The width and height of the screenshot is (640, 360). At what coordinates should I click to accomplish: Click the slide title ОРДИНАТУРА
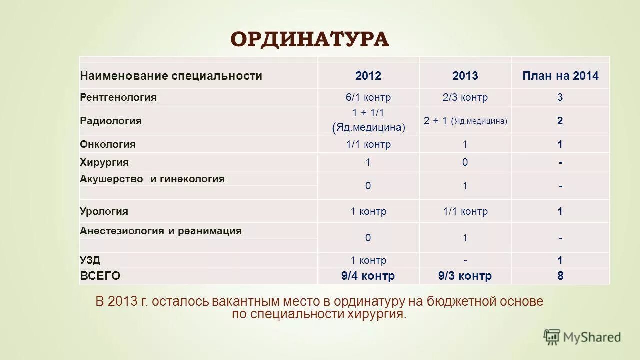click(310, 39)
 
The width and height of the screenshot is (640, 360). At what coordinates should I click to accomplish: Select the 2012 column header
click(368, 76)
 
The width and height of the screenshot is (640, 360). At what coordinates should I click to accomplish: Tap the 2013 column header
click(465, 76)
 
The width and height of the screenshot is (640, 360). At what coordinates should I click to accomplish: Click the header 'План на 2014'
click(560, 76)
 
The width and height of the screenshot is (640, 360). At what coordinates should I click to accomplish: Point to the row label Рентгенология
click(118, 97)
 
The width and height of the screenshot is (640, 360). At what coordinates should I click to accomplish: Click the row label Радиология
click(111, 121)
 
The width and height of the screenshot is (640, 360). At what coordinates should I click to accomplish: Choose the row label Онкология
click(108, 144)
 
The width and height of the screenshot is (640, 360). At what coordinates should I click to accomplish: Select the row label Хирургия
click(104, 162)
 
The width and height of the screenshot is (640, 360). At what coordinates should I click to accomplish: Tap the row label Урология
click(104, 211)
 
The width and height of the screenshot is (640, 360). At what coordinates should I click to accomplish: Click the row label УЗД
click(90, 260)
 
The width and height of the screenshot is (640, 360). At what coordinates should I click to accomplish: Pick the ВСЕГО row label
click(100, 276)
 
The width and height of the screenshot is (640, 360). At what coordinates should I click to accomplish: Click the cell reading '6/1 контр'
click(368, 97)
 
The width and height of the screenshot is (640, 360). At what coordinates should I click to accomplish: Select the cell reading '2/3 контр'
click(465, 97)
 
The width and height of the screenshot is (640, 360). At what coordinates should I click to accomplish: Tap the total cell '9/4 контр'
click(368, 276)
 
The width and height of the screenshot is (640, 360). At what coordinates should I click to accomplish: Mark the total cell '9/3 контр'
click(465, 276)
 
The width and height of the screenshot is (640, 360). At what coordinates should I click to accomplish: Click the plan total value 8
click(560, 276)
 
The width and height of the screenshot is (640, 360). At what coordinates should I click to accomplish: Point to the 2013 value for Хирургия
click(465, 162)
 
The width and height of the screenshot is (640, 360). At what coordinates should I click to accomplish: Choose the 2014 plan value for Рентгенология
click(560, 97)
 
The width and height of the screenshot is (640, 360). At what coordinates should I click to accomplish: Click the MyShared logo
click(582, 337)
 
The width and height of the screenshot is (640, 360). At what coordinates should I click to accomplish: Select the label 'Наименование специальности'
click(171, 76)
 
